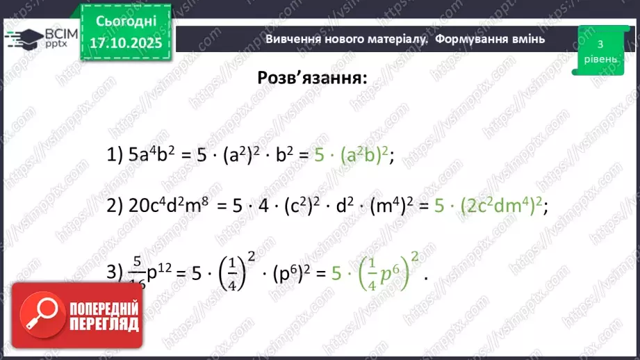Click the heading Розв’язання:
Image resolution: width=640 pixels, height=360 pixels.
pos(312,78)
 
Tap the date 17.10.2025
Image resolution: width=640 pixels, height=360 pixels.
pos(125,41)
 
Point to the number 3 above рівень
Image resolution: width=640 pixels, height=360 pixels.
pos(600,44)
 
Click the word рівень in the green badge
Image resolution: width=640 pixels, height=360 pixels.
pos(599,59)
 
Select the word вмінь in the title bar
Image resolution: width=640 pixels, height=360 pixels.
pos(529,39)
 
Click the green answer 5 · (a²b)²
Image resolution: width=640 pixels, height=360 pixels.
pos(354,156)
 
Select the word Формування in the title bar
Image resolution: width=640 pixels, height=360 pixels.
pos(470,39)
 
